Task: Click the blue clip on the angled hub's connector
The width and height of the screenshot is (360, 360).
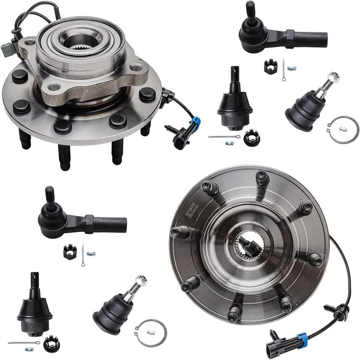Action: (x=197, y=122)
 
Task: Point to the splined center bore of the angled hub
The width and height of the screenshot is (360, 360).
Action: (x=80, y=41)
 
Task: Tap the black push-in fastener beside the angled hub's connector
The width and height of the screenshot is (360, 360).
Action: (x=171, y=129)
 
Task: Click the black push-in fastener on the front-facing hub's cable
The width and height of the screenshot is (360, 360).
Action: (x=330, y=308)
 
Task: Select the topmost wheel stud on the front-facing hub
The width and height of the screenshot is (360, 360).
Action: (x=262, y=178)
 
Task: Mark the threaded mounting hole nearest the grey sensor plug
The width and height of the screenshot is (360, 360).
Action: (x=30, y=43)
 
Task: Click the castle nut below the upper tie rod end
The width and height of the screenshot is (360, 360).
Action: (x=270, y=66)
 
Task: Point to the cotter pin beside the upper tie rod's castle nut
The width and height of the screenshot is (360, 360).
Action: (x=283, y=69)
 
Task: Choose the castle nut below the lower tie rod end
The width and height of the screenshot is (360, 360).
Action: (x=70, y=251)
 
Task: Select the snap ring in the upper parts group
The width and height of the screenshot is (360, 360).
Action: (x=343, y=130)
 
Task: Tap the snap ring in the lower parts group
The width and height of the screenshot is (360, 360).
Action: (x=151, y=333)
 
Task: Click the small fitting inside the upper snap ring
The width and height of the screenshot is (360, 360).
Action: (x=343, y=129)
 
